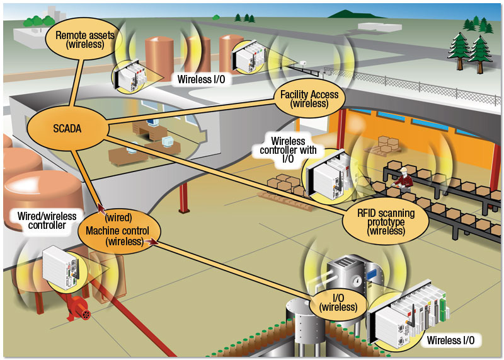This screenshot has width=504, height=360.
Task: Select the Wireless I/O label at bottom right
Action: [x=450, y=341]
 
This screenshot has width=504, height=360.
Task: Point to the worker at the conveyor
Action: [x=404, y=178]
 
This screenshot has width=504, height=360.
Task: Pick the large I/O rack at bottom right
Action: [x=409, y=312]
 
